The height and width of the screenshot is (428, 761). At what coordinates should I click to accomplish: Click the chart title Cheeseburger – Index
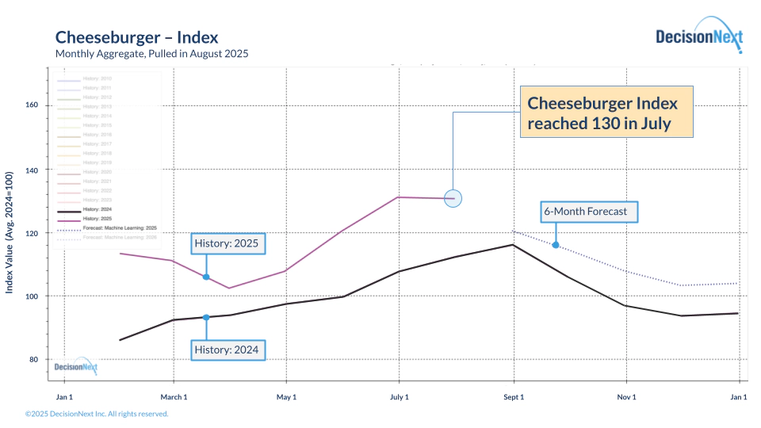(x=136, y=37)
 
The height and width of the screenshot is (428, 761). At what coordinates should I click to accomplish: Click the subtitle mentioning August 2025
(x=151, y=54)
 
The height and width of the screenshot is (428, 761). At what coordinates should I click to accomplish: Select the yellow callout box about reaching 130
(x=606, y=113)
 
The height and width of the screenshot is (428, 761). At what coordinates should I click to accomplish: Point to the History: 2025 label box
(x=228, y=243)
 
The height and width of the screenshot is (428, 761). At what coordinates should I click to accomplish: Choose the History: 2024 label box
(x=228, y=349)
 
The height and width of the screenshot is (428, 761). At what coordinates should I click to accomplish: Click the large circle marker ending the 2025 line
(x=453, y=199)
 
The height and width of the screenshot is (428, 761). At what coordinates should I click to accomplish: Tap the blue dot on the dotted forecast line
(x=555, y=245)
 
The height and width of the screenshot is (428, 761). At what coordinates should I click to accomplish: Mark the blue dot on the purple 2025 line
(x=206, y=277)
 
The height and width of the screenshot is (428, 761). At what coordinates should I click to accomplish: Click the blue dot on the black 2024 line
(x=206, y=317)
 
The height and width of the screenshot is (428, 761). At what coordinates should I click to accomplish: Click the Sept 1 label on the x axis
(x=514, y=396)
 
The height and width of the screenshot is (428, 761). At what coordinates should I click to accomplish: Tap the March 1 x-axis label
(x=174, y=396)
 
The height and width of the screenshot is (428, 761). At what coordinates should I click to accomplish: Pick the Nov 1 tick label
(x=626, y=396)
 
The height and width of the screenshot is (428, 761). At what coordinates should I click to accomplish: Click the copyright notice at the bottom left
(x=97, y=414)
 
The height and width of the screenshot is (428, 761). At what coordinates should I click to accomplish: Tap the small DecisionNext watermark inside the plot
(x=76, y=366)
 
